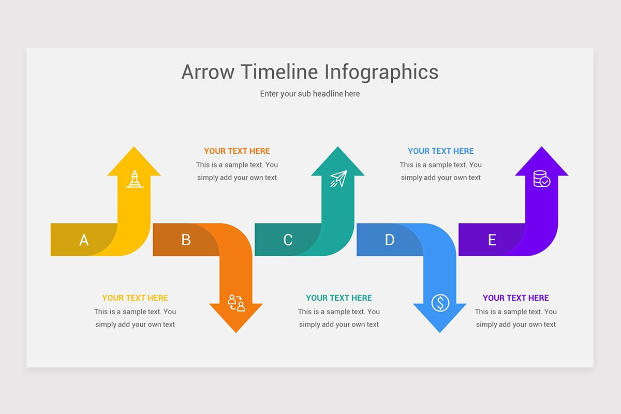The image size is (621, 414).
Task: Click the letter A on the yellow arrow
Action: coord(84,240)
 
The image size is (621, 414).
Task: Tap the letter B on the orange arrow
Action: coord(186,240)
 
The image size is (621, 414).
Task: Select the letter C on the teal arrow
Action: coord(288,240)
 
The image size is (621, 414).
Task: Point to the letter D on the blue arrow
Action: coord(390,240)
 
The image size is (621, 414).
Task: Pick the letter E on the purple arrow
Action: coord(492,240)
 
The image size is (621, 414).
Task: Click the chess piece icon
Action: coord(135,179)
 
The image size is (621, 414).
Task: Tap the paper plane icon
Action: coord(338,179)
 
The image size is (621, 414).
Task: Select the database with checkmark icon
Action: coord(542,179)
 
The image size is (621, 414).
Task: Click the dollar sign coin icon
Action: coord(440,303)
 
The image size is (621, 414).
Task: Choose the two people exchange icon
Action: coord(236,303)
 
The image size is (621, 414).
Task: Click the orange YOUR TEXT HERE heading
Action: coord(237,151)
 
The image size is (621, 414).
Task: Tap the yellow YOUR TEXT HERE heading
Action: coord(135,298)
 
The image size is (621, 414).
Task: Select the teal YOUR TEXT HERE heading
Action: coord(339,298)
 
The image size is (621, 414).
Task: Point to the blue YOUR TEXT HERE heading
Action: coord(440,151)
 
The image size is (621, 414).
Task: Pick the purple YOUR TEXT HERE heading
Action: coord(515,298)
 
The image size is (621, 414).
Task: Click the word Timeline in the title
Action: coord(279,72)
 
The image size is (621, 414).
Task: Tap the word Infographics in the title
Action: coord(381,72)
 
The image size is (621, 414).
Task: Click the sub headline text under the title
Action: coord(309,94)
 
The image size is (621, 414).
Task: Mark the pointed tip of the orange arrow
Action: coord(236,333)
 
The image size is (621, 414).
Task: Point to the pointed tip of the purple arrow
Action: coord(542,146)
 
